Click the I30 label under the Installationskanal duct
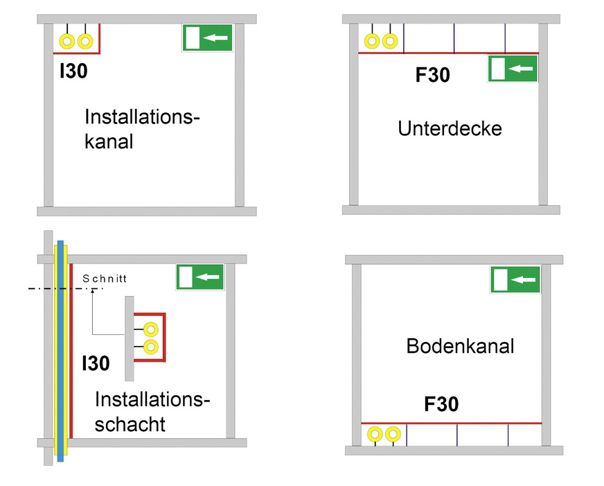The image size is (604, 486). (x=73, y=71)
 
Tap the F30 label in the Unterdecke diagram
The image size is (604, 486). (x=432, y=74)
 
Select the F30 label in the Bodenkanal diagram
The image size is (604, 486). (x=441, y=404)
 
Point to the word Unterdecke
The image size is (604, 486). (x=450, y=128)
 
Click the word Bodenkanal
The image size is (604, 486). (x=460, y=346)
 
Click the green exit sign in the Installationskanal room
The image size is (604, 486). (x=208, y=37)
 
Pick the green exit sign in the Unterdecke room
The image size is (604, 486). (x=513, y=69)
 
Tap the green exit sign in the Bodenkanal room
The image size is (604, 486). (x=516, y=279)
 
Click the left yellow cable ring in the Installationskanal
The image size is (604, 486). (x=67, y=42)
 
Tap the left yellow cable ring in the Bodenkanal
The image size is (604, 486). (x=375, y=435)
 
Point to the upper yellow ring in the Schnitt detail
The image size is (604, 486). (x=150, y=329)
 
